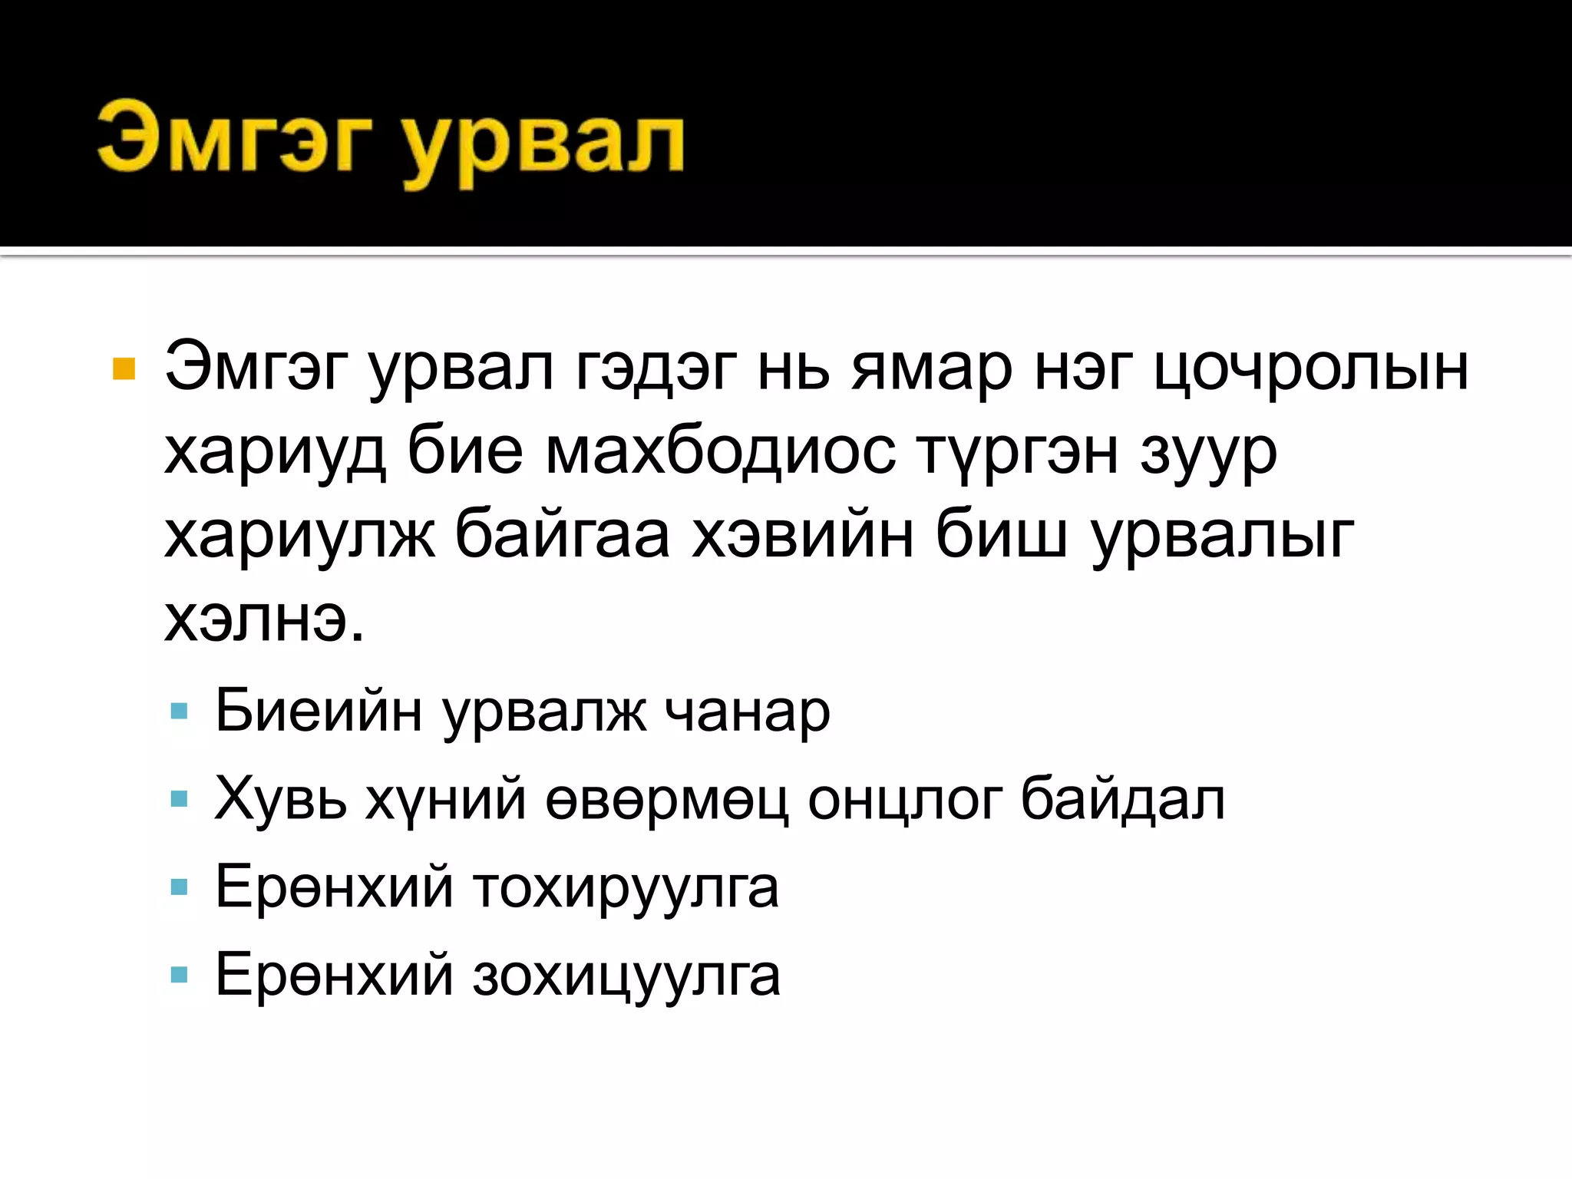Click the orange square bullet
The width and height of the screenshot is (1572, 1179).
pyautogui.click(x=124, y=369)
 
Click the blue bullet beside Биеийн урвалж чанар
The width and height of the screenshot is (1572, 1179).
pyautogui.click(x=180, y=712)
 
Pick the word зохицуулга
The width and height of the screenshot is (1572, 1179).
pyautogui.click(x=626, y=976)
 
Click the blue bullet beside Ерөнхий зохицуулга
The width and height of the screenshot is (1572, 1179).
pyautogui.click(x=180, y=976)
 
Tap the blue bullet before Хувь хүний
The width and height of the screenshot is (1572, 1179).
pyautogui.click(x=180, y=800)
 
